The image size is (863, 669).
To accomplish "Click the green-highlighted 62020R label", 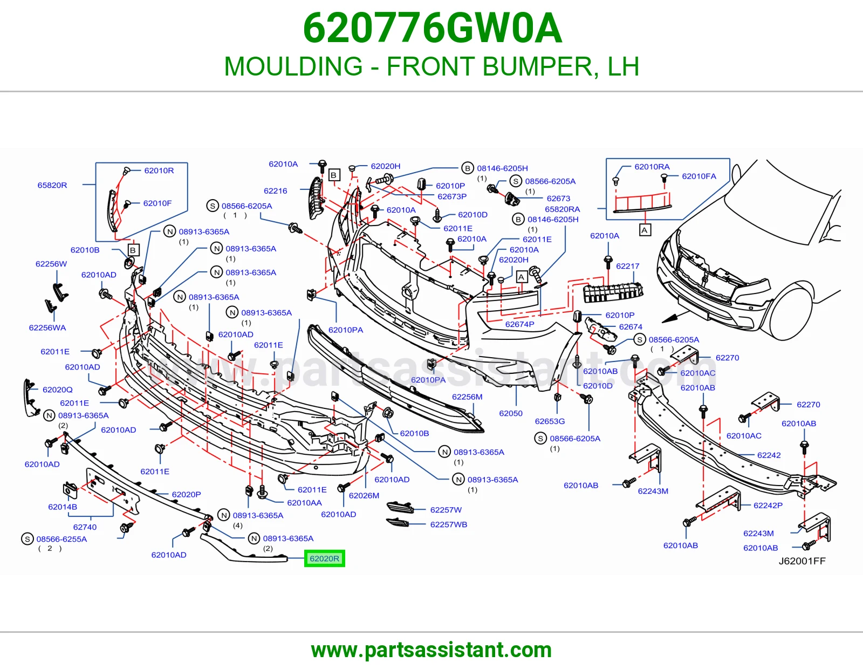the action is [324, 558].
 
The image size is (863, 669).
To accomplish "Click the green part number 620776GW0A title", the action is [432, 29].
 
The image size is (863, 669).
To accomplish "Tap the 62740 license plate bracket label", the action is [85, 527].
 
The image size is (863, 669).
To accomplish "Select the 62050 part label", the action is [511, 413].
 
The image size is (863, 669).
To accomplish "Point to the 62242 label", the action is [769, 455].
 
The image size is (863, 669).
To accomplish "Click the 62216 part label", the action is [275, 190].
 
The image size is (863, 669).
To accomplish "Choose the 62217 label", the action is [627, 266].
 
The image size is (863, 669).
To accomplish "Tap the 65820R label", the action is [52, 185].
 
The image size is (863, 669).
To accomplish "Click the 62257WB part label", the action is [448, 524].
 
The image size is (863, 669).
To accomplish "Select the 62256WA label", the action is [47, 327].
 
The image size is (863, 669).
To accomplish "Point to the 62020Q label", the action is [58, 390].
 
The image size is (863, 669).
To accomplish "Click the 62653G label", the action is [550, 421].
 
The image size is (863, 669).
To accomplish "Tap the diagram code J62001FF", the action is [802, 561].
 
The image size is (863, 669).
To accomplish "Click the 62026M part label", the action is [364, 495].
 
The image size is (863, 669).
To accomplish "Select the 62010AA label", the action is [304, 502].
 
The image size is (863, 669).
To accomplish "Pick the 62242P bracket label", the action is [768, 506].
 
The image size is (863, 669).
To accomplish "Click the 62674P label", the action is [519, 324].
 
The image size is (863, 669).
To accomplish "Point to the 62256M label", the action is [467, 397].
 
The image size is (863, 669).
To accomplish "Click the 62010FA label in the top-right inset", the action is [699, 176].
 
